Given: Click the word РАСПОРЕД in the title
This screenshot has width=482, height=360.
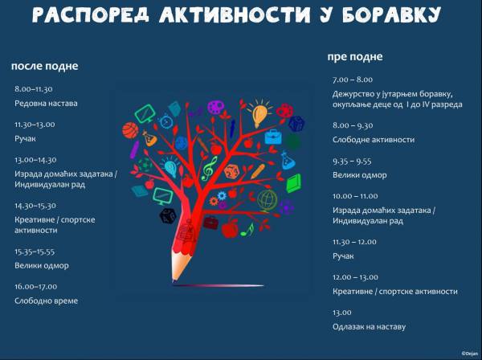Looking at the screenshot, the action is pyautogui.click(x=90, y=14).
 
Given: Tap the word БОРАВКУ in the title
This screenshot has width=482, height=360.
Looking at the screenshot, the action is pyautogui.click(x=392, y=14).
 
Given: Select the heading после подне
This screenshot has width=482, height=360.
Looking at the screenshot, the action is pyautogui.click(x=44, y=66).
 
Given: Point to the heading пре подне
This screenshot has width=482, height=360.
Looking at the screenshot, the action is pyautogui.click(x=355, y=57).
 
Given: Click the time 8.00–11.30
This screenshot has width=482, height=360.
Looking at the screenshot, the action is pyautogui.click(x=34, y=89).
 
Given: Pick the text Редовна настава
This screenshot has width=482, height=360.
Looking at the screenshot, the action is pyautogui.click(x=46, y=104).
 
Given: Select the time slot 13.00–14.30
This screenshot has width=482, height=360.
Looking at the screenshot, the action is pyautogui.click(x=35, y=160).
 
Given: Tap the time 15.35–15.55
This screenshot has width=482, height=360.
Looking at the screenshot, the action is pyautogui.click(x=35, y=252).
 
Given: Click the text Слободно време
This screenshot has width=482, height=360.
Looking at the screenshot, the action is pyautogui.click(x=46, y=301).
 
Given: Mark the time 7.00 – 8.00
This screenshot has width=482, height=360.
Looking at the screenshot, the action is pyautogui.click(x=353, y=80).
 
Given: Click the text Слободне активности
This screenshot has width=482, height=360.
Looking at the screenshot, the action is pyautogui.click(x=374, y=140).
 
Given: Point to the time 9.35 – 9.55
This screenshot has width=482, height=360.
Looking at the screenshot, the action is pyautogui.click(x=352, y=162).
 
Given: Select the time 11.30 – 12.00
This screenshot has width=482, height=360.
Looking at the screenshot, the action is pyautogui.click(x=354, y=242).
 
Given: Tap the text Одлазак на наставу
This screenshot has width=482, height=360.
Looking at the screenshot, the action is pyautogui.click(x=370, y=327).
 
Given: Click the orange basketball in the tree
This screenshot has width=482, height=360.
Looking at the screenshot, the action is pyautogui.click(x=130, y=130).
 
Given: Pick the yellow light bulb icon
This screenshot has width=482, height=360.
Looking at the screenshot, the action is pyautogui.click(x=260, y=114).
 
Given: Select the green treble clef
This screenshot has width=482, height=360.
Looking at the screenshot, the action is pyautogui.click(x=210, y=169).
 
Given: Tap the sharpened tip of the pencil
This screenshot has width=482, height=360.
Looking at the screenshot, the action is pyautogui.click(x=174, y=280).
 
